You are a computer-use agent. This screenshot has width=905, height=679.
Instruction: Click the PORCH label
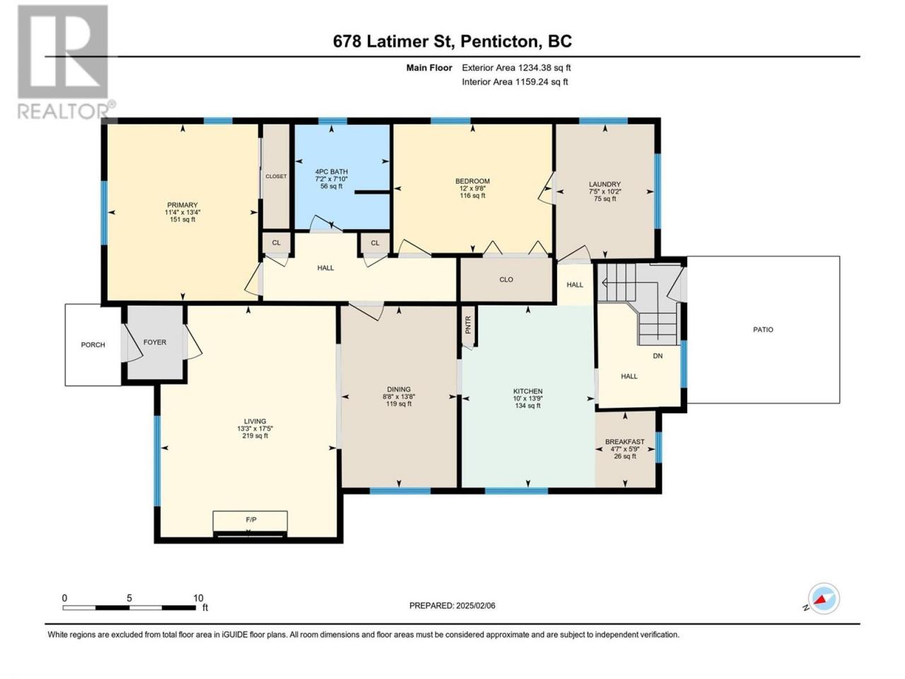coord(93,344)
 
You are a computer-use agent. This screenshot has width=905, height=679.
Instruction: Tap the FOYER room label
coord(155,342)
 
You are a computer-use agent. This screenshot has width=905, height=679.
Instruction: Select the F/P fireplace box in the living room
coord(250,523)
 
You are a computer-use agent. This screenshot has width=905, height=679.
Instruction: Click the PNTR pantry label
coord(468,325)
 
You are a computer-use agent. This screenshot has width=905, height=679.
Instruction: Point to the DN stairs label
coord(658,356)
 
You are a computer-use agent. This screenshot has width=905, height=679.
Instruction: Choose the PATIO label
coord(763,330)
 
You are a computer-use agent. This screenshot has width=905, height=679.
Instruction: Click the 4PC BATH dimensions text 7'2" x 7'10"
coord(331,179)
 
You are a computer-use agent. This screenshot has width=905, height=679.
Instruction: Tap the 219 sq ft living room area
coord(255,436)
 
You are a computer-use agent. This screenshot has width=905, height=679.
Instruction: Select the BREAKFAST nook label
coord(624,441)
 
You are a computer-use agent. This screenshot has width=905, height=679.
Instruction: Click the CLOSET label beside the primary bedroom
coord(276,176)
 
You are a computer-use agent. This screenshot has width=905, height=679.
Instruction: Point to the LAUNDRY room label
coord(605,185)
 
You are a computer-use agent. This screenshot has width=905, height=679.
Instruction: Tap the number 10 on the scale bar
coord(198,598)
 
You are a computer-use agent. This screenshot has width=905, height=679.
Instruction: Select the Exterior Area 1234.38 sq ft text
coord(516,68)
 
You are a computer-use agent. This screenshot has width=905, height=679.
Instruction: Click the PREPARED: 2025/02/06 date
coord(452,605)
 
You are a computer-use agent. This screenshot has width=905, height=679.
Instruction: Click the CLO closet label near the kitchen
coord(506,279)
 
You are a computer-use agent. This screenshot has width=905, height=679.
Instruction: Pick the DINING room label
coord(399,389)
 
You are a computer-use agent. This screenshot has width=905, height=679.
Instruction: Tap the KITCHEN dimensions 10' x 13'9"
coord(527,398)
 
